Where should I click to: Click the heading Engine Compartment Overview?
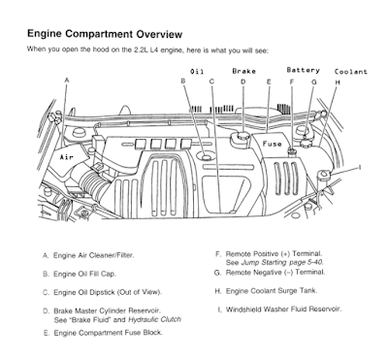(x=105, y=34)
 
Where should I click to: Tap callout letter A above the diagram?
(x=67, y=80)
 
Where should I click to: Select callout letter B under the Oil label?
(x=183, y=81)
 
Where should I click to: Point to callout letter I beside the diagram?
(x=359, y=167)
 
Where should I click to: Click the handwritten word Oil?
(x=197, y=72)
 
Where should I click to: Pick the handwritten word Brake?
(x=243, y=71)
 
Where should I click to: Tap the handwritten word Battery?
(x=303, y=70)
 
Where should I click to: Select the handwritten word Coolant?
(x=351, y=72)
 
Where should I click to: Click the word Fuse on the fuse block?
(x=272, y=144)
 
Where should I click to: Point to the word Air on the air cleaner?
(x=67, y=157)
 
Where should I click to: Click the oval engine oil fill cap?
(x=207, y=157)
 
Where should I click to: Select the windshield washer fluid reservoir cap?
(x=324, y=174)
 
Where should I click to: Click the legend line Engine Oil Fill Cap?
(x=80, y=274)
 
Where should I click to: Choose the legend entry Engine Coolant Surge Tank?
(x=266, y=291)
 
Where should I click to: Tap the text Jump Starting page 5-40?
(x=282, y=262)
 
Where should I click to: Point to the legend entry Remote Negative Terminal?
(x=270, y=273)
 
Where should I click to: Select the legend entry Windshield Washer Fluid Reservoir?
(x=279, y=310)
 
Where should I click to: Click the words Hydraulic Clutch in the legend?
(x=154, y=320)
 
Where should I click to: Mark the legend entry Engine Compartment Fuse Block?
(x=103, y=333)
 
